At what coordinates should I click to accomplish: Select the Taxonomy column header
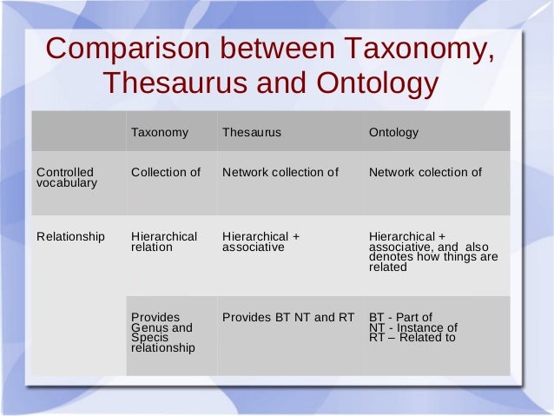(x=160, y=133)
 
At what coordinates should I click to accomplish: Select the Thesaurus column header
(x=252, y=133)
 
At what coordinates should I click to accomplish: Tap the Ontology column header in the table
(x=393, y=133)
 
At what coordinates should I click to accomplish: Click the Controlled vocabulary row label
(x=66, y=178)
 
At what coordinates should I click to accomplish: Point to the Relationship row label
(x=70, y=236)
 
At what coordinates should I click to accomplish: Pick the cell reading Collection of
(x=166, y=172)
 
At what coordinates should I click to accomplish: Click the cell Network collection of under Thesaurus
(x=280, y=172)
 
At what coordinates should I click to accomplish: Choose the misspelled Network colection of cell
(x=425, y=172)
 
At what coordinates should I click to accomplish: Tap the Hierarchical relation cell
(x=164, y=241)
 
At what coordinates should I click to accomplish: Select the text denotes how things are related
(x=432, y=262)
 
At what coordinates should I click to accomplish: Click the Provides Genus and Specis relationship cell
(x=162, y=333)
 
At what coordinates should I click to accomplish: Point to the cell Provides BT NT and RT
(x=288, y=317)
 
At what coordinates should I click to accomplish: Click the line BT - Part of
(x=400, y=317)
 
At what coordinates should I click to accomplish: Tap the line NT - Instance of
(x=412, y=327)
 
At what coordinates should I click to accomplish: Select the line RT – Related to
(x=412, y=338)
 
